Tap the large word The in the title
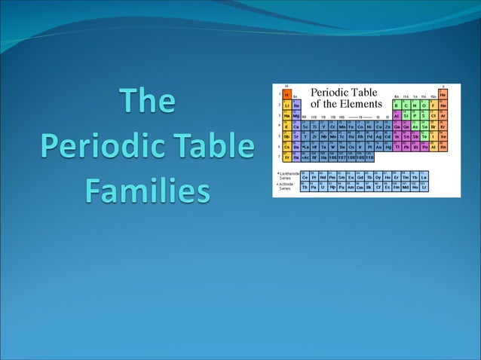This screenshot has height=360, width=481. tap(147, 103)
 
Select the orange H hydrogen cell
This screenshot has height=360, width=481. tap(287, 95)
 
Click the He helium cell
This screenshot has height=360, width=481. tap(443, 95)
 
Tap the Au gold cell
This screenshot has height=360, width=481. tap(378, 146)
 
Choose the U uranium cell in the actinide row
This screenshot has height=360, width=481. tap(323, 188)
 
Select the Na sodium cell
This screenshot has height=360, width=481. tap(287, 116)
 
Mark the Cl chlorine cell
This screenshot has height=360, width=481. tap(434, 116)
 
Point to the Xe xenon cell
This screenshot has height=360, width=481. tap(443, 136)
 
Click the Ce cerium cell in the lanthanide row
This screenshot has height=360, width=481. tap(305, 178)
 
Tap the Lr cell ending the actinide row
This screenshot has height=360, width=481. tap(424, 188)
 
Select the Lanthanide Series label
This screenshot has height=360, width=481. tap(288, 176)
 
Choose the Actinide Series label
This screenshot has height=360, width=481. tap(287, 186)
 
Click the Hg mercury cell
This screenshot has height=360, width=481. tap(388, 146)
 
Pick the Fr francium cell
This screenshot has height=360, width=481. tap(287, 157)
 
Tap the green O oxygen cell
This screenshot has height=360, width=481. tap(424, 105)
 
